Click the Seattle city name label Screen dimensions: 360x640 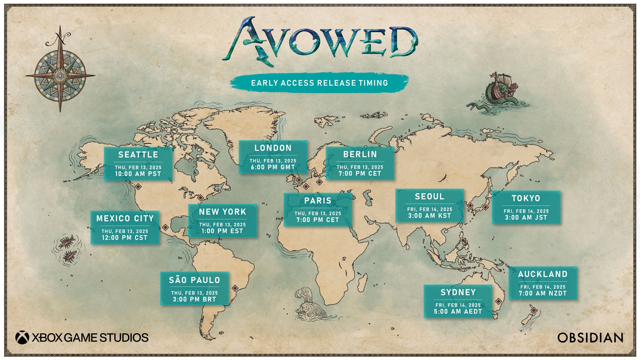click(x=138, y=155)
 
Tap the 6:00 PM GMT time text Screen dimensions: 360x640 click(x=273, y=167)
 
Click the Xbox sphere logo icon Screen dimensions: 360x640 click(x=22, y=337)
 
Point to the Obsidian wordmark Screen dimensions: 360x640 click(x=590, y=338)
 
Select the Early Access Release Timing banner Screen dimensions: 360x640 click(x=319, y=83)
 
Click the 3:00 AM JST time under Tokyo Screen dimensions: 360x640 click(x=526, y=218)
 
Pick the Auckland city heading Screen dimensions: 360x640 click(x=543, y=274)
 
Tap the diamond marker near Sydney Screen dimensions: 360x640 click(x=498, y=301)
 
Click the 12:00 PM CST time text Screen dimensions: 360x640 click(x=125, y=238)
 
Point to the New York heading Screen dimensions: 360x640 click(x=222, y=212)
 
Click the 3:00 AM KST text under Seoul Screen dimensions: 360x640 click(x=429, y=216)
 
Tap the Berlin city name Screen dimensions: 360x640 click(x=360, y=154)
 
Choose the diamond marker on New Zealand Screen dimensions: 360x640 click(x=534, y=311)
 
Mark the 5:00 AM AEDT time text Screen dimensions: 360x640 click(x=458, y=312)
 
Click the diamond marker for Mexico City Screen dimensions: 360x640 click(x=165, y=227)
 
